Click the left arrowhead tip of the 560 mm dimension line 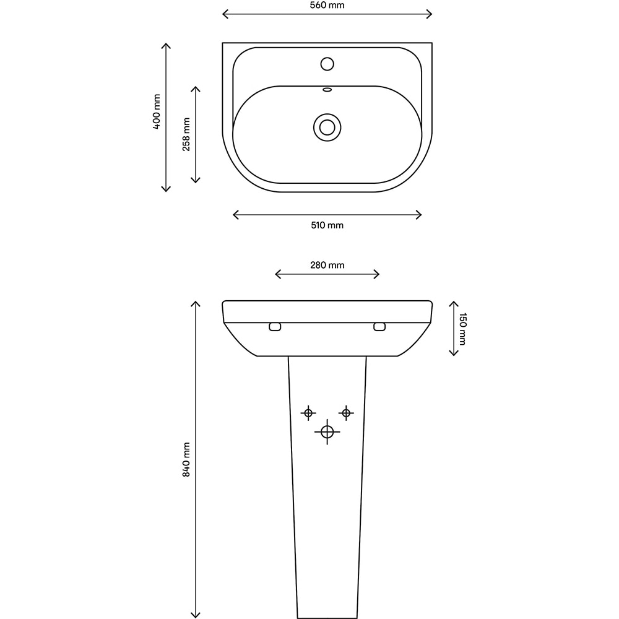point(223,14)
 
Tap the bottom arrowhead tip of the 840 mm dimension point(196,618)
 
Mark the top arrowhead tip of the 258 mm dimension point(196,87)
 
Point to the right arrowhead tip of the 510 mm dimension point(422,215)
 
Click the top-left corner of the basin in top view point(223,43)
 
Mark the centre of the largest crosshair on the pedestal point(327,432)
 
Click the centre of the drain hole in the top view point(327,128)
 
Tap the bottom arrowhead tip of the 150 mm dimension point(454,356)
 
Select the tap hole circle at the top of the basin point(327,64)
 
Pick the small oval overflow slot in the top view point(327,90)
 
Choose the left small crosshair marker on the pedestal point(308,413)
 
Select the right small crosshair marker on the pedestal point(346,413)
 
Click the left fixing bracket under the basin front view point(275,326)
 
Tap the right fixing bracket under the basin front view point(379,326)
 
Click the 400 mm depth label point(157,111)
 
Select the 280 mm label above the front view point(327,265)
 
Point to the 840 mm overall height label point(186,459)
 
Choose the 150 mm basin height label point(462,329)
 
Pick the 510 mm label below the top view point(327,225)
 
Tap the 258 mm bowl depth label point(186,134)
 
